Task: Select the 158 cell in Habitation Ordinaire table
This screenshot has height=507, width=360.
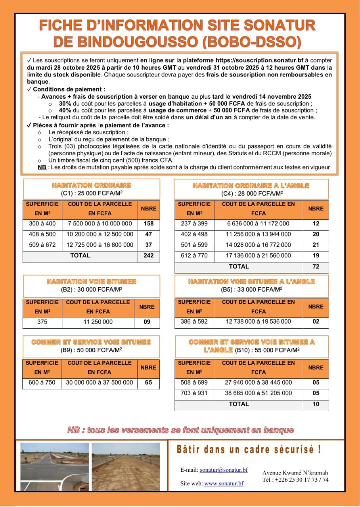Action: click(x=149, y=223)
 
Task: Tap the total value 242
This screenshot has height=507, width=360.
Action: click(x=149, y=255)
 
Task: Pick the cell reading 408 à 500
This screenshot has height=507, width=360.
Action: click(x=42, y=234)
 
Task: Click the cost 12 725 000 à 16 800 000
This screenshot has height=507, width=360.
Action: click(x=100, y=245)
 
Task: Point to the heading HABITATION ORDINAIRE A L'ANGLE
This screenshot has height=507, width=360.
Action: click(x=251, y=185)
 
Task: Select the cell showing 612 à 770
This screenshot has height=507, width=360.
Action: click(x=194, y=255)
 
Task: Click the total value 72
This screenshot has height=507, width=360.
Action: click(x=316, y=267)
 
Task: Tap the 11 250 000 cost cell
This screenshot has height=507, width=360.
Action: click(x=98, y=322)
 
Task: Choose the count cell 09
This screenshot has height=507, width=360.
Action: click(x=147, y=322)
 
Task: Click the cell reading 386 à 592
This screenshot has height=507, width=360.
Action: click(x=194, y=321)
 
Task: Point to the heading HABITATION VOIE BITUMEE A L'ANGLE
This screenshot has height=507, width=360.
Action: click(x=251, y=282)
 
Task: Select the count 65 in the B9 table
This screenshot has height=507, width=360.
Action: click(x=148, y=383)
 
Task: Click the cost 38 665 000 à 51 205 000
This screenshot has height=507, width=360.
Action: click(x=259, y=393)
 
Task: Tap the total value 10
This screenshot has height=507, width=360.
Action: click(x=316, y=404)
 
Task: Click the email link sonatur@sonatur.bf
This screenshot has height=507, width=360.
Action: click(x=224, y=470)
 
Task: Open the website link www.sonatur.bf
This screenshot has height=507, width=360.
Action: click(x=224, y=484)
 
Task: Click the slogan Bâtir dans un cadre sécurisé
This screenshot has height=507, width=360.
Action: click(x=249, y=450)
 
